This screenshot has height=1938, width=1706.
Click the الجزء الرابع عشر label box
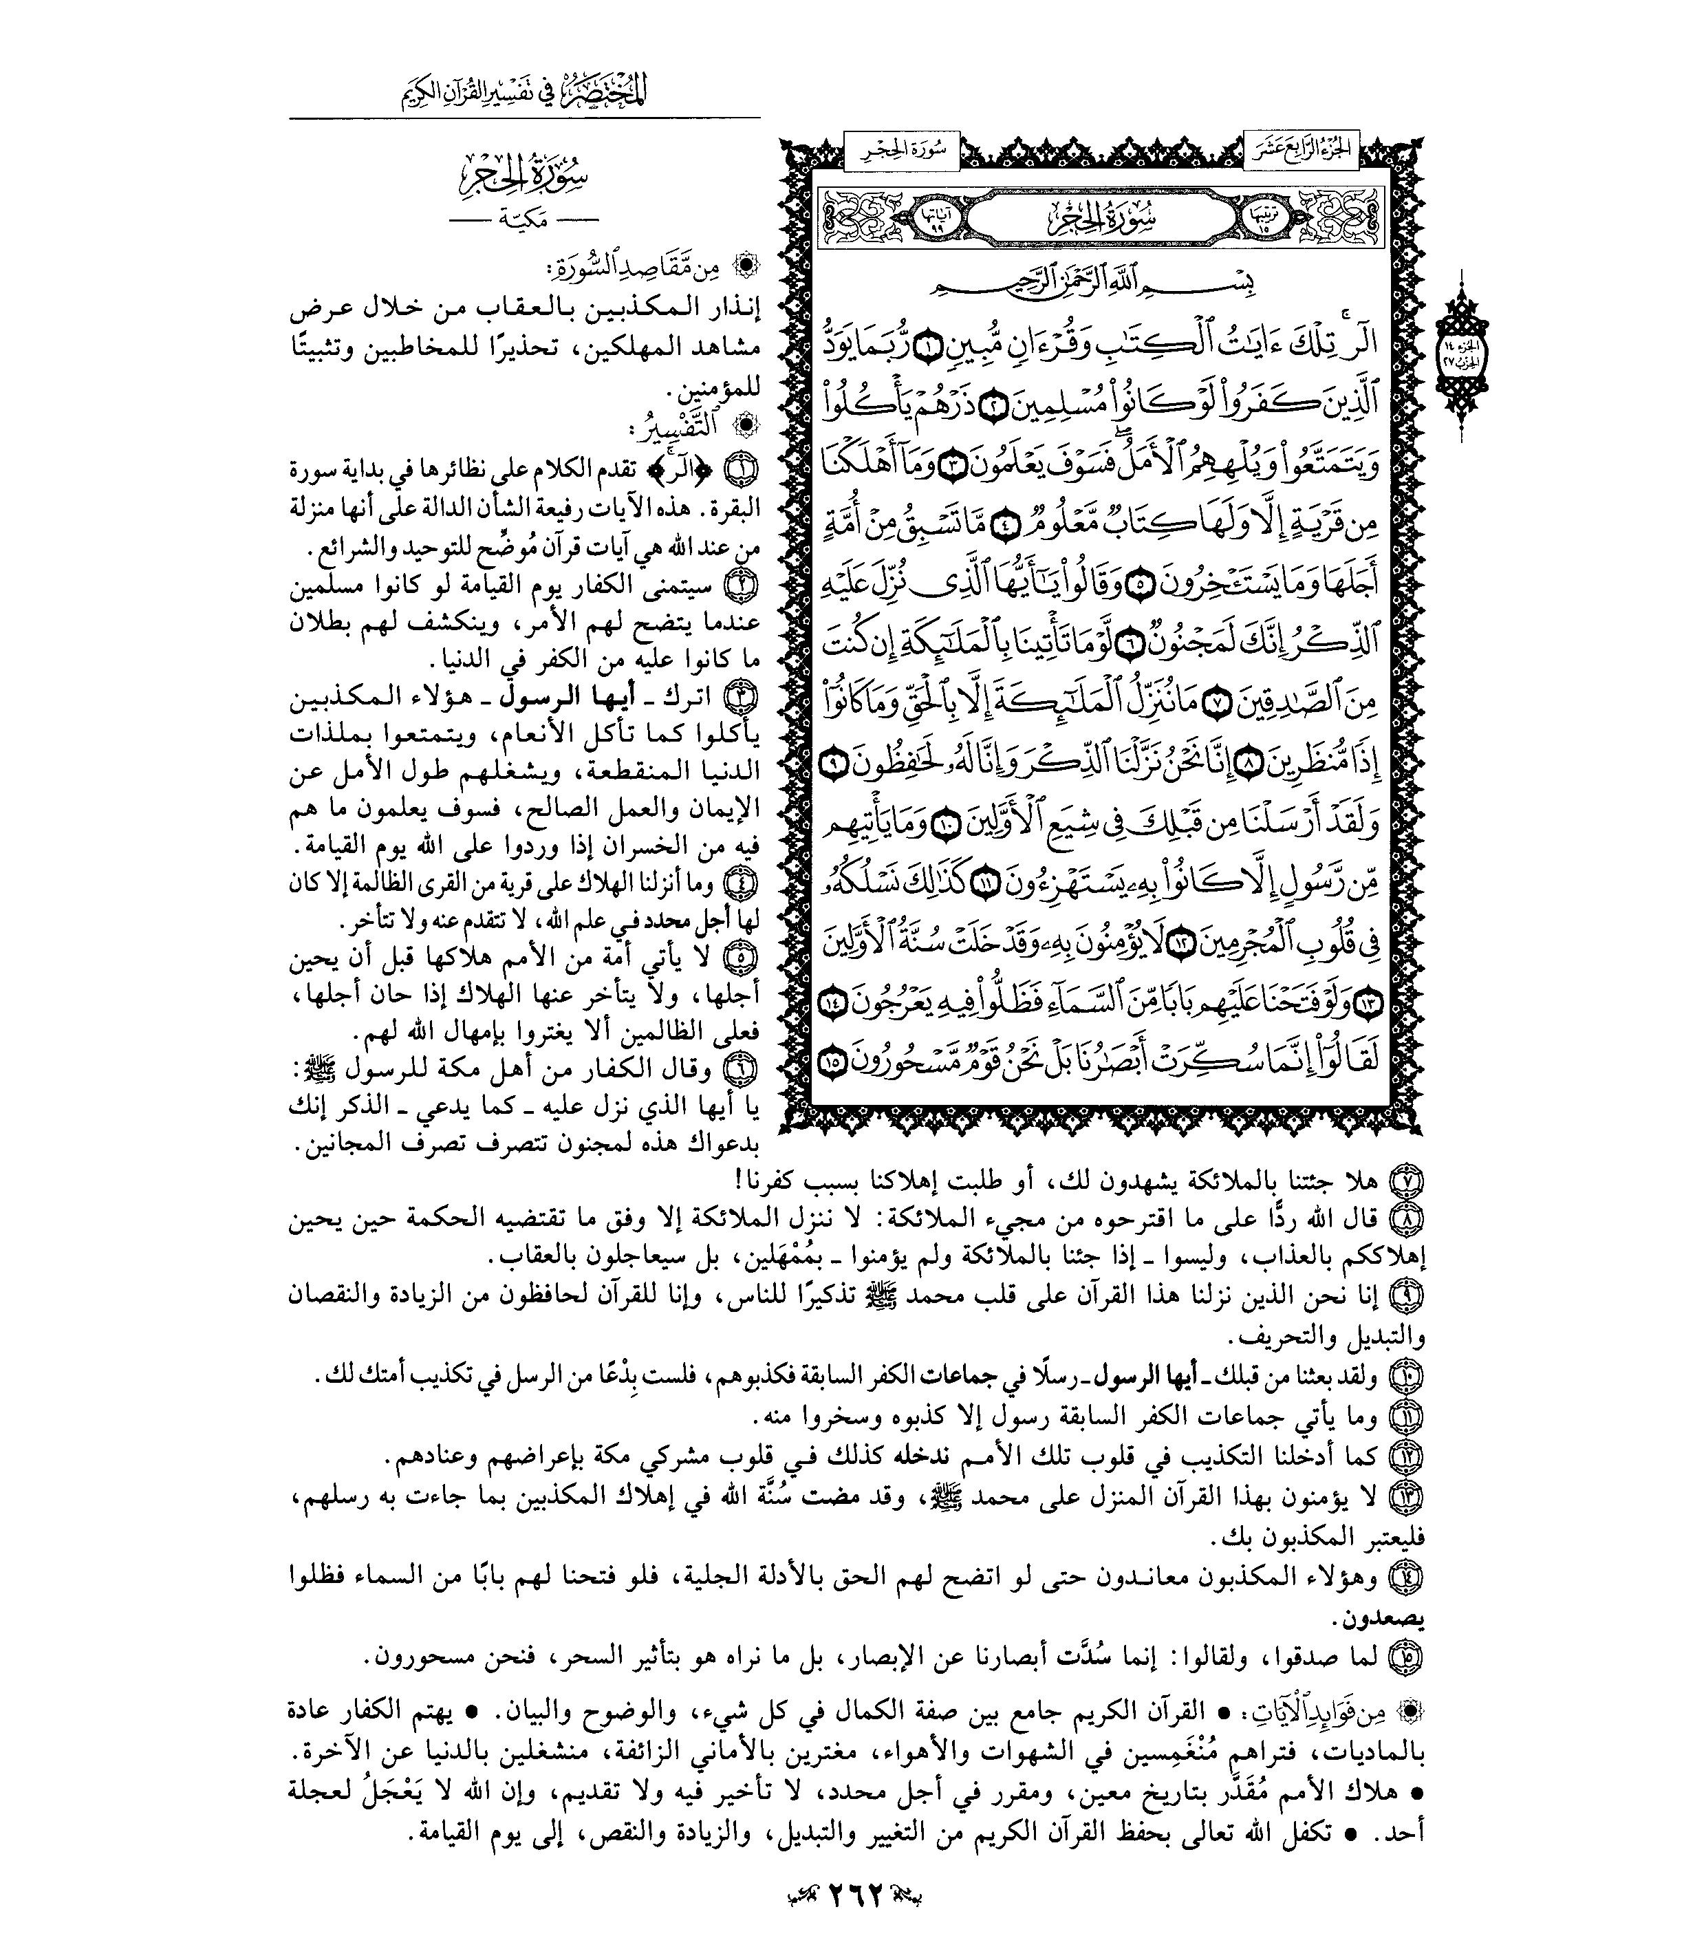[1301, 150]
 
